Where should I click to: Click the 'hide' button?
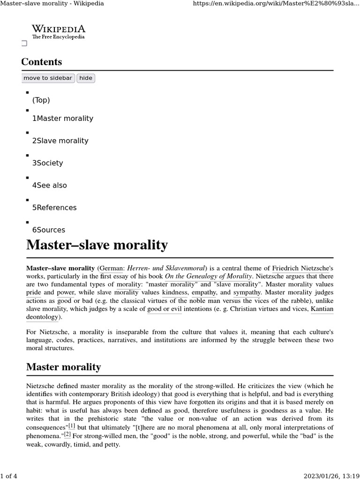[86, 78]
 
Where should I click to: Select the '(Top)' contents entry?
[41, 100]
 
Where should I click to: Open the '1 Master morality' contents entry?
[62, 119]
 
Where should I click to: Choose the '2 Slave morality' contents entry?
[60, 141]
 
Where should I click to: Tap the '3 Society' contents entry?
[47, 163]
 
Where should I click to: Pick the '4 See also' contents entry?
[49, 185]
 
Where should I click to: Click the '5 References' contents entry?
[54, 208]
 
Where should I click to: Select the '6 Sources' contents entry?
[48, 230]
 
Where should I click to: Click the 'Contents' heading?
[41, 62]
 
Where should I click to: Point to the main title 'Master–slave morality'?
[97, 245]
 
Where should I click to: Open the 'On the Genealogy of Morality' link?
[209, 277]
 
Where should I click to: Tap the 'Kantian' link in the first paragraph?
[322, 309]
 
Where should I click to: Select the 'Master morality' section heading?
[63, 367]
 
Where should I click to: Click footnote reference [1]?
[72, 426]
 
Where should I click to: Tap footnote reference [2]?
[67, 435]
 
